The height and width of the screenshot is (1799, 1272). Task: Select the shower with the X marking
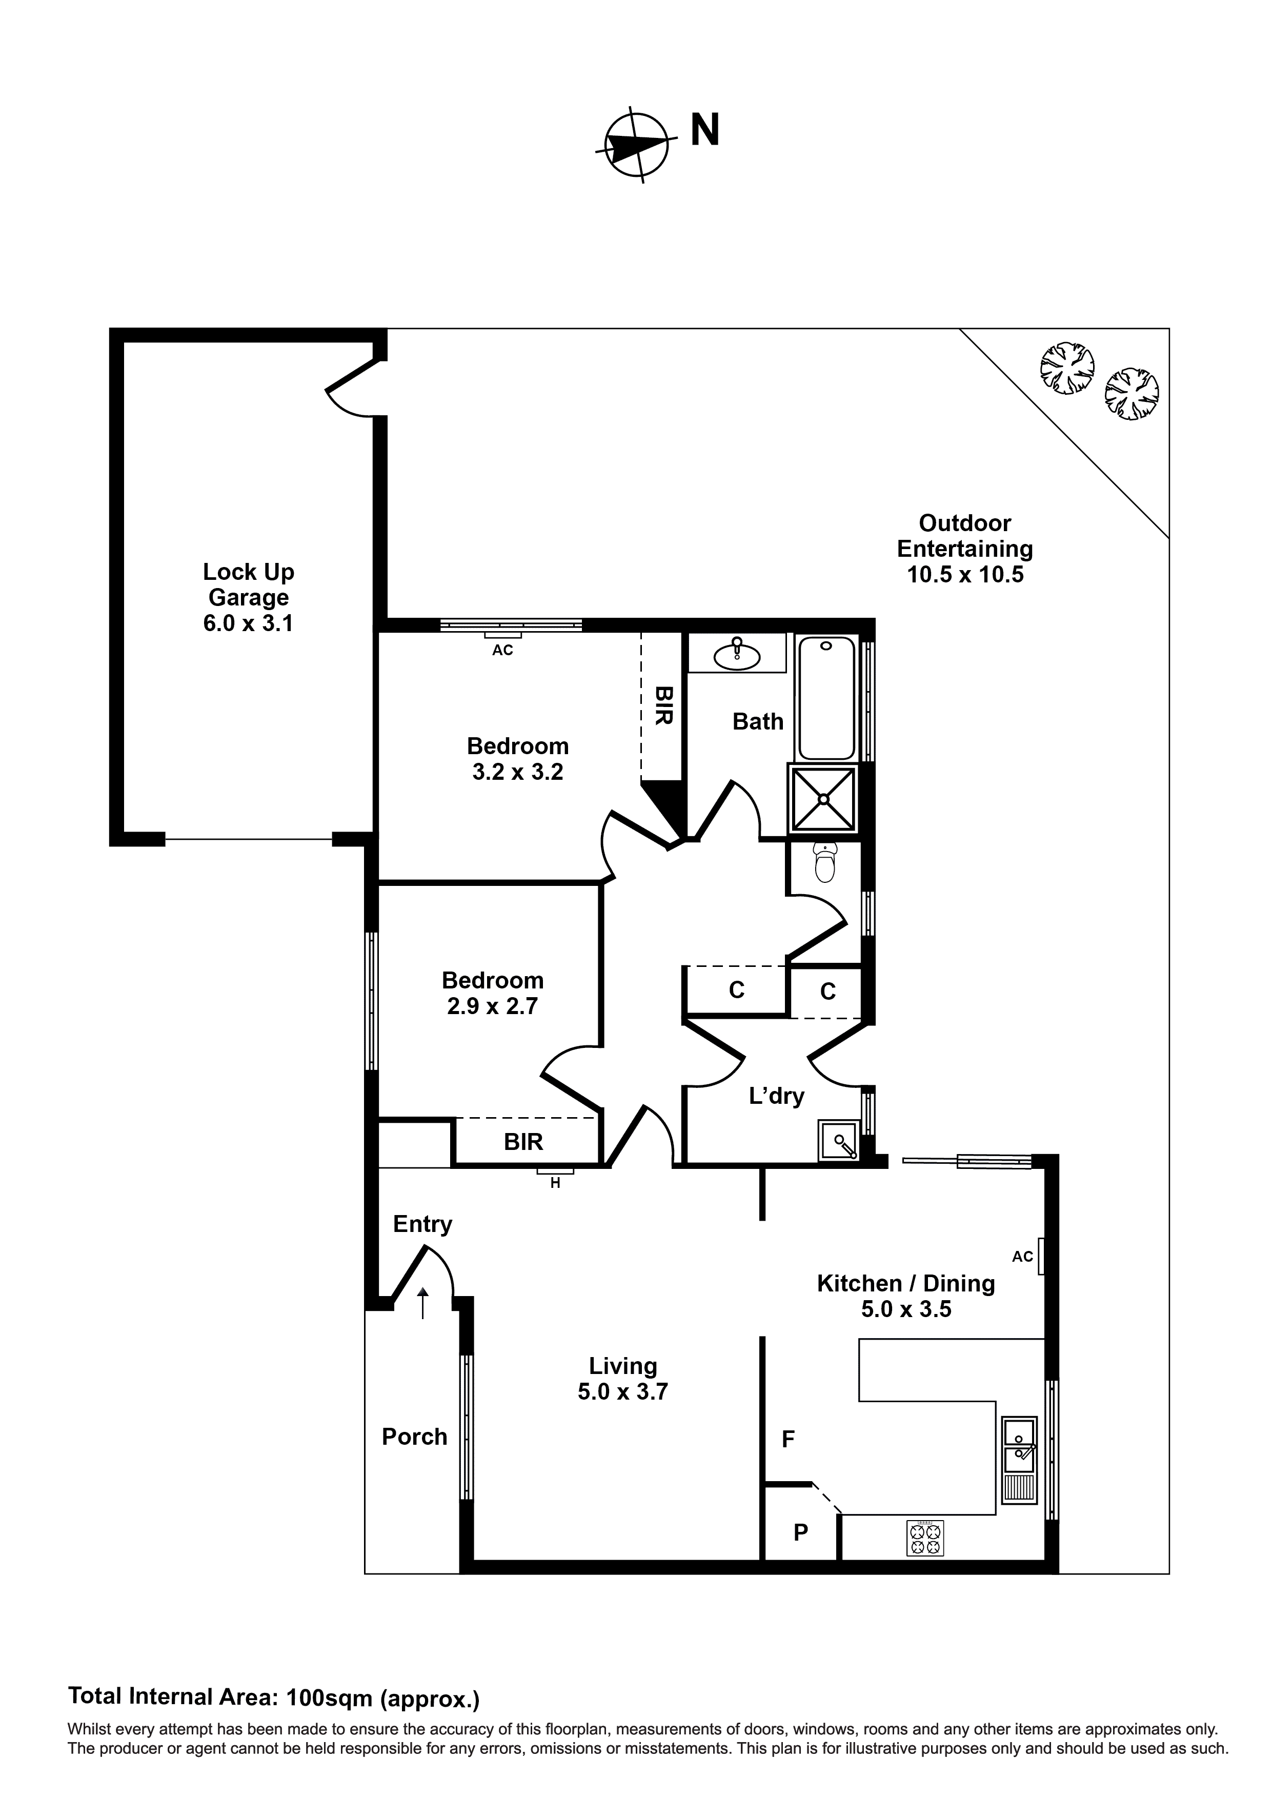pyautogui.click(x=823, y=798)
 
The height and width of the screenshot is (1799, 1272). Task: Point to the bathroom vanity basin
pyautogui.click(x=737, y=654)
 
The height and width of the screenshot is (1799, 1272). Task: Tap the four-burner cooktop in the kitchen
pyautogui.click(x=925, y=1538)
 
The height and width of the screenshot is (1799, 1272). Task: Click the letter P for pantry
pyautogui.click(x=800, y=1532)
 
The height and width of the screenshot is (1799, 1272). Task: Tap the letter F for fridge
pyautogui.click(x=789, y=1439)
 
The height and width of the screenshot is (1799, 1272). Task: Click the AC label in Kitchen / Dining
pyautogui.click(x=1022, y=1257)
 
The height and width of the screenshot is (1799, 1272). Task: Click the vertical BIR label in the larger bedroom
pyautogui.click(x=663, y=705)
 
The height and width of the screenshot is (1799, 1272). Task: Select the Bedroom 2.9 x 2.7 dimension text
pyautogui.click(x=492, y=1006)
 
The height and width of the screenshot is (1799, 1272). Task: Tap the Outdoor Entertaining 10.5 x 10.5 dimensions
pyautogui.click(x=965, y=574)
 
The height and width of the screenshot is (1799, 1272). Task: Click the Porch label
pyautogui.click(x=414, y=1436)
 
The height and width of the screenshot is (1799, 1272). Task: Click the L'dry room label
pyautogui.click(x=776, y=1096)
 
